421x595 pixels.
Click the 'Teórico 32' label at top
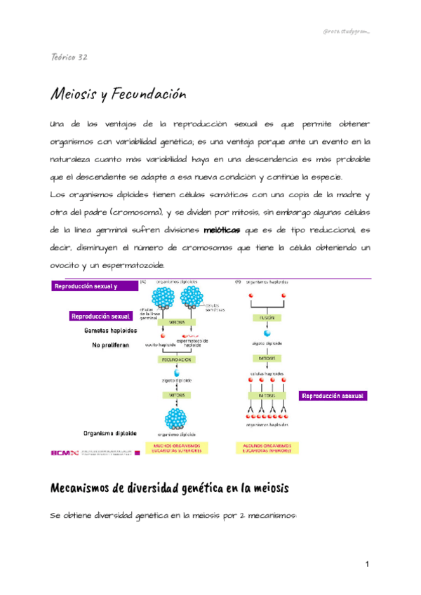69,58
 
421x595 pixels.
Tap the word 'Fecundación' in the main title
149,93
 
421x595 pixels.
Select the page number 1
366,564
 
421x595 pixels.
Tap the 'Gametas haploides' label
110,330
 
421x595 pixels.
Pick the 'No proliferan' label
110,345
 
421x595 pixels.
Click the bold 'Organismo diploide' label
110,433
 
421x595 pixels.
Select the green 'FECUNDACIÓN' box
176,359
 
